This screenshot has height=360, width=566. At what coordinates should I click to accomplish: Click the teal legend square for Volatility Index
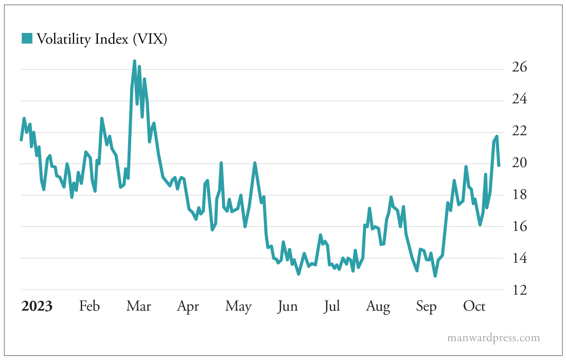point(27,38)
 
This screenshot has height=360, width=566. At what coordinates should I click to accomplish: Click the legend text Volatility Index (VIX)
point(101,39)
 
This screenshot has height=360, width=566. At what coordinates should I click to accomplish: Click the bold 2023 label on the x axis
point(37,307)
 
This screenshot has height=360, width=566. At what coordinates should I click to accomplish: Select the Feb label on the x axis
point(89,307)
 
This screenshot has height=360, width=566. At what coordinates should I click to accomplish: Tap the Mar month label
point(139,307)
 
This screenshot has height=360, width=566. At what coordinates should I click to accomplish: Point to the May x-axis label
point(238,307)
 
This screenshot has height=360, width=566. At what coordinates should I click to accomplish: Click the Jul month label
point(332,307)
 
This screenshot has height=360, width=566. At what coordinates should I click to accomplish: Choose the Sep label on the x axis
point(426,307)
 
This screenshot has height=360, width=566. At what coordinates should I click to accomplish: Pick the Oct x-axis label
point(474,307)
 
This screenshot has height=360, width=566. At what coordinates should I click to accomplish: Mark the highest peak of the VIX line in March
point(134,61)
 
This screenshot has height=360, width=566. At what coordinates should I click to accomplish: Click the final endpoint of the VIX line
point(499,165)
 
